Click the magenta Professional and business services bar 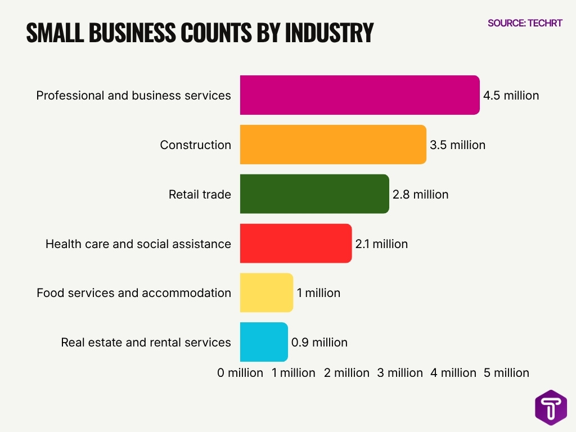coord(359,95)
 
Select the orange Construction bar coord(333,145)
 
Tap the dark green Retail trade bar coord(314,194)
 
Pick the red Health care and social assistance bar coord(296,244)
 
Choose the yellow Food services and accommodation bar coord(267,292)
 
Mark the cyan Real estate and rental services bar coord(264,342)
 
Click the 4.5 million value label coord(511,96)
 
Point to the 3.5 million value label coord(457,145)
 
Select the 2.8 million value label coord(420,195)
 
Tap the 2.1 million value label coord(381,244)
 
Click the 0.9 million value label coord(319,343)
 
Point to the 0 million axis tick coord(240,373)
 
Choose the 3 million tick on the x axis coord(400,373)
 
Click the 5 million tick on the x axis coord(506,373)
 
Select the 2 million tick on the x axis coord(346,373)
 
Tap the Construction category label coord(195,145)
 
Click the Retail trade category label coord(200,195)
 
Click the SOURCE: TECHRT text coord(525,23)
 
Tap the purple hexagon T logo coord(551,407)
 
